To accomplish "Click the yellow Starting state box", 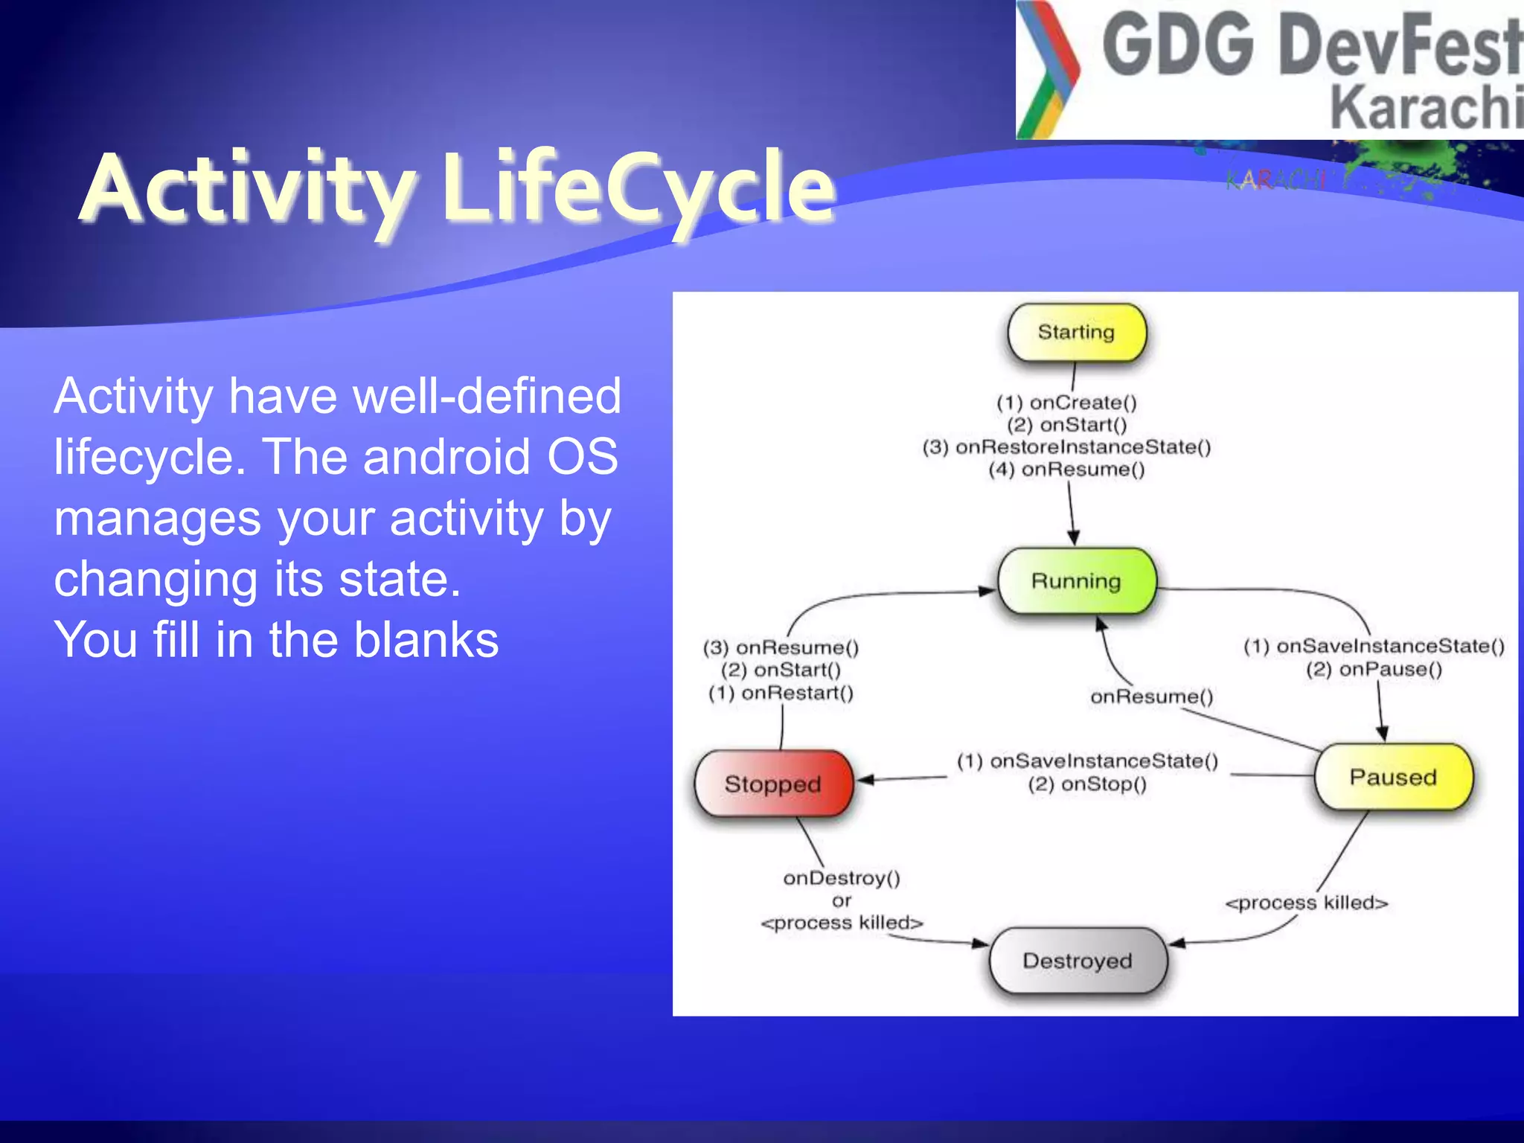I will tap(1076, 332).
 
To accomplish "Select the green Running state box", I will tap(1076, 581).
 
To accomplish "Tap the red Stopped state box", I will tap(772, 784).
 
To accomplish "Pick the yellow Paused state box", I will tap(1392, 777).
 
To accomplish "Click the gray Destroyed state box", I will tap(1077, 961).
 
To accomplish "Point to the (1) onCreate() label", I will tap(1066, 403).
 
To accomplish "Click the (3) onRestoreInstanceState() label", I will tap(1066, 447).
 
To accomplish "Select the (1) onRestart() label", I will tap(781, 693).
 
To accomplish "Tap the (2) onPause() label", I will tap(1374, 669).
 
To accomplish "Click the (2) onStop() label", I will tap(1087, 784).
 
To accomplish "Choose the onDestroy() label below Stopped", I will tap(842, 878).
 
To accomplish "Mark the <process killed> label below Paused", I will tap(1307, 903).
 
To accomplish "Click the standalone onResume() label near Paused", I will tap(1151, 697).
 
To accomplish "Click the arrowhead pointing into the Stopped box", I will tap(865, 780).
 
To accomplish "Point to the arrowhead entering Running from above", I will tap(1073, 539).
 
